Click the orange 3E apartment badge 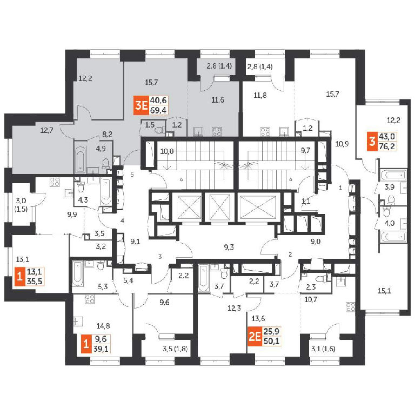pyautogui.click(x=141, y=105)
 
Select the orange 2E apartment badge pyautogui.click(x=255, y=337)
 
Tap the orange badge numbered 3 pyautogui.click(x=372, y=142)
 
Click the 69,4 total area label pyautogui.click(x=158, y=110)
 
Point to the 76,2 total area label pyautogui.click(x=387, y=146)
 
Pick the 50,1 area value pyautogui.click(x=271, y=341)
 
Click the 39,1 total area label pyautogui.click(x=101, y=349)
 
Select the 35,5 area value pyautogui.click(x=35, y=281)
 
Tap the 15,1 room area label pyautogui.click(x=384, y=291)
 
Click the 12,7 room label pyautogui.click(x=46, y=130)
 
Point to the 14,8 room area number pyautogui.click(x=103, y=326)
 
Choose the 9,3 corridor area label pyautogui.click(x=229, y=247)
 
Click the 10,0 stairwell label pyautogui.click(x=167, y=151)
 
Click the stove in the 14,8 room pyautogui.click(x=90, y=299)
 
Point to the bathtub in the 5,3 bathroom pyautogui.click(x=77, y=274)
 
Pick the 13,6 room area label pyautogui.click(x=258, y=319)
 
